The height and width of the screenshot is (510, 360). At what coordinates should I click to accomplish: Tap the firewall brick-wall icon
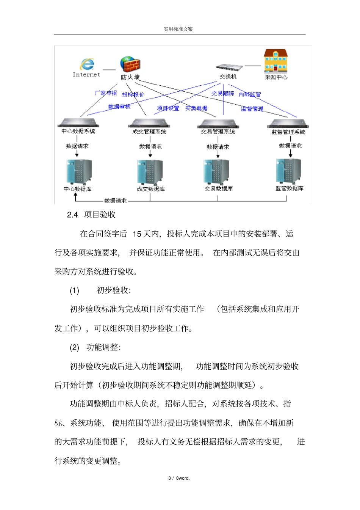point(130,64)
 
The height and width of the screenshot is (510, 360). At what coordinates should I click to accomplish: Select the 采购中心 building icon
point(275,61)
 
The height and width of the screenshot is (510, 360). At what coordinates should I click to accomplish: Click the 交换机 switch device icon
point(229,67)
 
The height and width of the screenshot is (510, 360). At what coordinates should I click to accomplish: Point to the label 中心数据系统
point(78,131)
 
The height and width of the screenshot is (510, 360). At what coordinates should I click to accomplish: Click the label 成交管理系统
point(149,132)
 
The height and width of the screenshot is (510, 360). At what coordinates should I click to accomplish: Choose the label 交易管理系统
point(218,132)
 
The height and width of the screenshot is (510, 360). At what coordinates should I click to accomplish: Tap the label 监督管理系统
point(288,132)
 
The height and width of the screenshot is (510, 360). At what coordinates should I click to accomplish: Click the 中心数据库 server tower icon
point(79,172)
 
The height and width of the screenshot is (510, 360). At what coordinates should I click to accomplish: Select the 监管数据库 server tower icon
point(289,171)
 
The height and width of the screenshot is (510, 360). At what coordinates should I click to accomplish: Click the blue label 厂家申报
point(106,93)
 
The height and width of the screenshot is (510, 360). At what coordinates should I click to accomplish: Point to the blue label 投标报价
point(133,94)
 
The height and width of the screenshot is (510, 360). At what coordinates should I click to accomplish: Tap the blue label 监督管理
point(252,109)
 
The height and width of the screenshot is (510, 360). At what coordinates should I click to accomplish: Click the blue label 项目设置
point(168,108)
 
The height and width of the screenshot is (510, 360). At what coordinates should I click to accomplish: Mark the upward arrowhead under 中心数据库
point(75,195)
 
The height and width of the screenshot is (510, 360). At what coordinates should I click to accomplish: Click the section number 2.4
point(72,215)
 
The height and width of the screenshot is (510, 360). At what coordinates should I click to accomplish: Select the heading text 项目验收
point(100,215)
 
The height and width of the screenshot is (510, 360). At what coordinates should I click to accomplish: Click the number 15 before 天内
point(137,234)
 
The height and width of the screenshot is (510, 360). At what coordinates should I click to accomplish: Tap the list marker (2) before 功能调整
point(74,348)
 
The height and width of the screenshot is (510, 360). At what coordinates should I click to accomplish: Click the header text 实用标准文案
point(178,29)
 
